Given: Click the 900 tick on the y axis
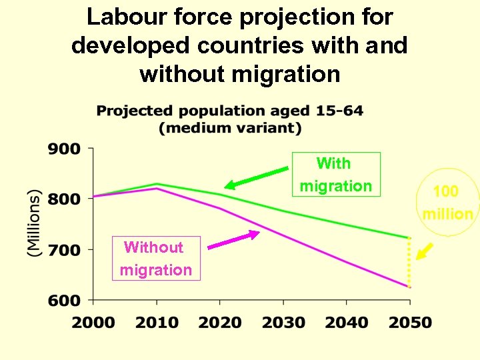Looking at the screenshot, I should [x=64, y=149].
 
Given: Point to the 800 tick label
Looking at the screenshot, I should [x=64, y=199].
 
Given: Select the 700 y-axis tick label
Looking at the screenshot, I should [x=64, y=250].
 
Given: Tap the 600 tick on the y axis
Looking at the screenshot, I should [x=64, y=301].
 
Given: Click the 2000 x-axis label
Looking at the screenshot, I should [x=93, y=323].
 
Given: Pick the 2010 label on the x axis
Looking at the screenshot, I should [x=157, y=323].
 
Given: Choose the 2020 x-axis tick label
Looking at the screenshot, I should [x=220, y=323].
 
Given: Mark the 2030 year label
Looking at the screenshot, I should [x=283, y=323].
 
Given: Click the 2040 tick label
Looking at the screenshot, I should [x=347, y=323].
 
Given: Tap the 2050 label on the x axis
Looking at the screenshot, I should [x=410, y=323].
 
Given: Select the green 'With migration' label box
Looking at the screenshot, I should [x=336, y=175].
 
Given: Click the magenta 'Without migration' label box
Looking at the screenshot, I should [x=156, y=259].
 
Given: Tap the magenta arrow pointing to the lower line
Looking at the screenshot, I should [x=233, y=240].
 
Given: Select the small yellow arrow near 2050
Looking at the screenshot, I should [x=424, y=251].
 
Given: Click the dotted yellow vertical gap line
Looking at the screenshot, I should [x=409, y=262].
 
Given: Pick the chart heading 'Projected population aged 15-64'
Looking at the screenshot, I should [x=230, y=111].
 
